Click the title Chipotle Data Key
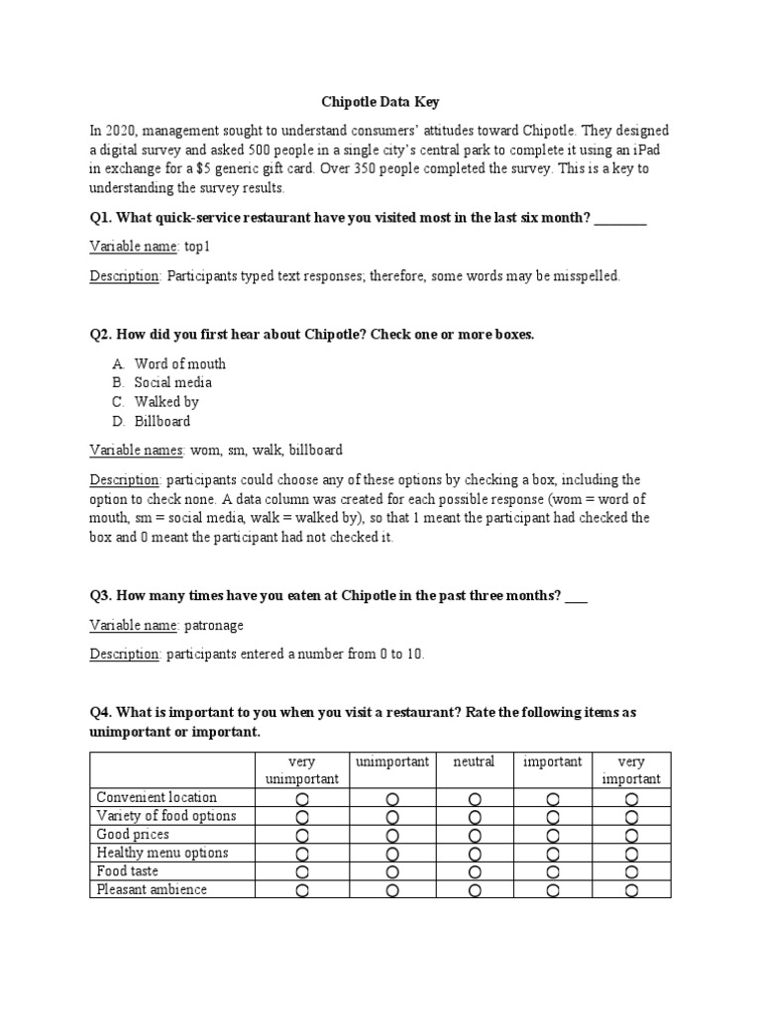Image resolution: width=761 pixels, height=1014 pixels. click(380, 101)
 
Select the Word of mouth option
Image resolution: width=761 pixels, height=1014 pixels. click(179, 363)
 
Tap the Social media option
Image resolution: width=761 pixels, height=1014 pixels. click(172, 382)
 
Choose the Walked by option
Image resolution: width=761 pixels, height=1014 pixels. click(166, 402)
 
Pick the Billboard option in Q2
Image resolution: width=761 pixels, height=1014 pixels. click(163, 421)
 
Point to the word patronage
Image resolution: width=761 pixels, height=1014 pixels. click(214, 626)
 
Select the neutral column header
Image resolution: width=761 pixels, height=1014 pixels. click(474, 761)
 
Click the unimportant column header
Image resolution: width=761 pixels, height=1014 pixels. click(392, 761)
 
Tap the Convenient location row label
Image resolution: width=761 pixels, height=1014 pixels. click(156, 797)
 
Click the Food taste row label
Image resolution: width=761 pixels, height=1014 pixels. click(127, 871)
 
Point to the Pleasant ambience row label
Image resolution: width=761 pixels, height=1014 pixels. click(151, 889)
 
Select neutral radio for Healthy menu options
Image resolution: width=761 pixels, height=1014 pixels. click(475, 854)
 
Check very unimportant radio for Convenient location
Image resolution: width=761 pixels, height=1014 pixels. click(302, 798)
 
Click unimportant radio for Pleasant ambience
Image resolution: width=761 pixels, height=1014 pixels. click(392, 890)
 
